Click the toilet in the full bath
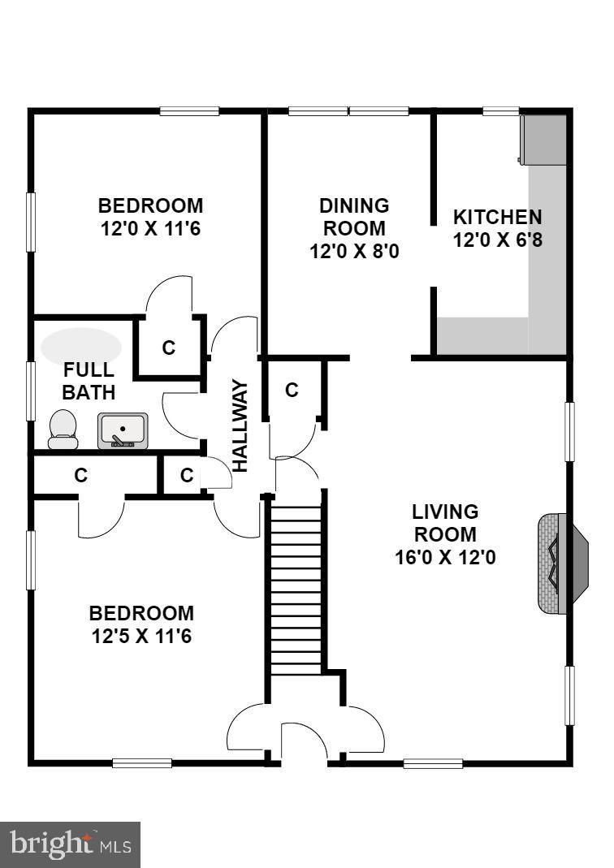point(63,429)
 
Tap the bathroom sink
point(123,430)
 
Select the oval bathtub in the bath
point(80,346)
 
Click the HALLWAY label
point(240,425)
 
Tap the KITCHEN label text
point(497,218)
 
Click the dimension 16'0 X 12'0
point(444,558)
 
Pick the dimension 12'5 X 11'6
point(141,635)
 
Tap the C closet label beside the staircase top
point(292,391)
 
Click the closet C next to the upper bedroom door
point(169,348)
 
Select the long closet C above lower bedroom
point(81,476)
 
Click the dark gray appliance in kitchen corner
point(543,139)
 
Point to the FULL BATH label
point(89,381)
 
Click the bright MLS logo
point(71,845)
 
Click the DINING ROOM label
point(353,217)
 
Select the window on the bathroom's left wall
point(31,391)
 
